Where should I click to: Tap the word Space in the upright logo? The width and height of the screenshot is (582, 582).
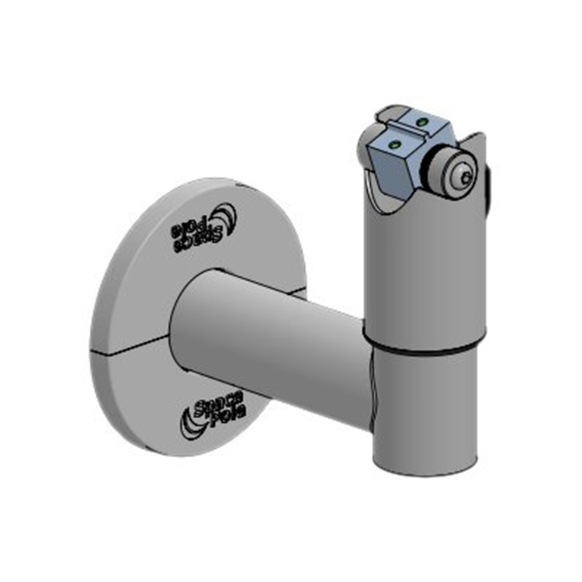click(218, 400)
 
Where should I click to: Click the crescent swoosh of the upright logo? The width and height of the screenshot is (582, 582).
click(190, 419)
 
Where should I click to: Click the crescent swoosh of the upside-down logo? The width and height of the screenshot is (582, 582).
click(225, 215)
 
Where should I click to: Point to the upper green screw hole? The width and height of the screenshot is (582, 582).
click(421, 123)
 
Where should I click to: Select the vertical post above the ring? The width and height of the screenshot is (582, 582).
click(425, 264)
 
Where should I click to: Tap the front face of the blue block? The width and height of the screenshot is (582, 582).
click(392, 167)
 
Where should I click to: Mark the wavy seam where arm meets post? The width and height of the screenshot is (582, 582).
click(374, 388)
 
